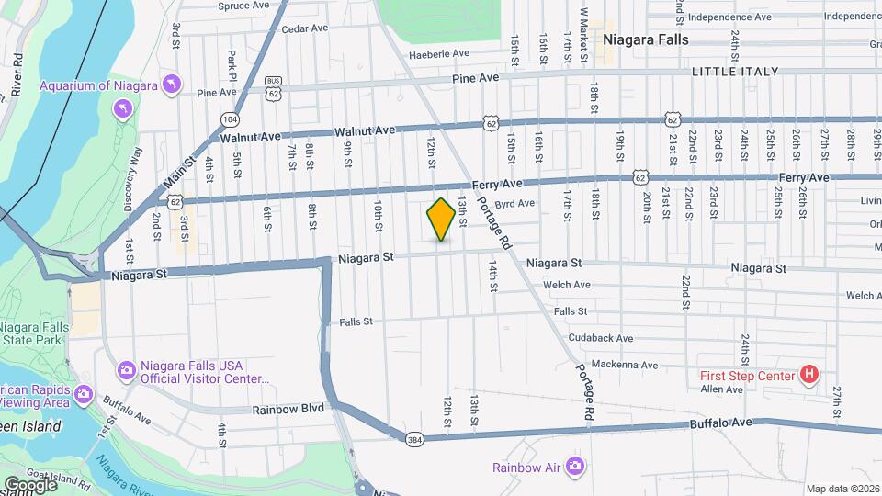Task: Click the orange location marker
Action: coord(441,220)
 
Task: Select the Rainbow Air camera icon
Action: coord(576,468)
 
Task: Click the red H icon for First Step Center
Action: coord(808,374)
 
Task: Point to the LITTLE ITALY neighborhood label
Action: coord(734,72)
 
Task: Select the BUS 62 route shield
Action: coord(273,86)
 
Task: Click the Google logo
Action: coord(29,484)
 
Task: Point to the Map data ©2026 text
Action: coord(842,489)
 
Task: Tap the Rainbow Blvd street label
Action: coord(289,409)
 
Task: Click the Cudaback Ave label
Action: coord(600,338)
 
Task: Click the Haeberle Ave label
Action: coord(447,53)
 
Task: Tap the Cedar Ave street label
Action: coord(305,28)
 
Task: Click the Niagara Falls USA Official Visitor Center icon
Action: coord(126,371)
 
